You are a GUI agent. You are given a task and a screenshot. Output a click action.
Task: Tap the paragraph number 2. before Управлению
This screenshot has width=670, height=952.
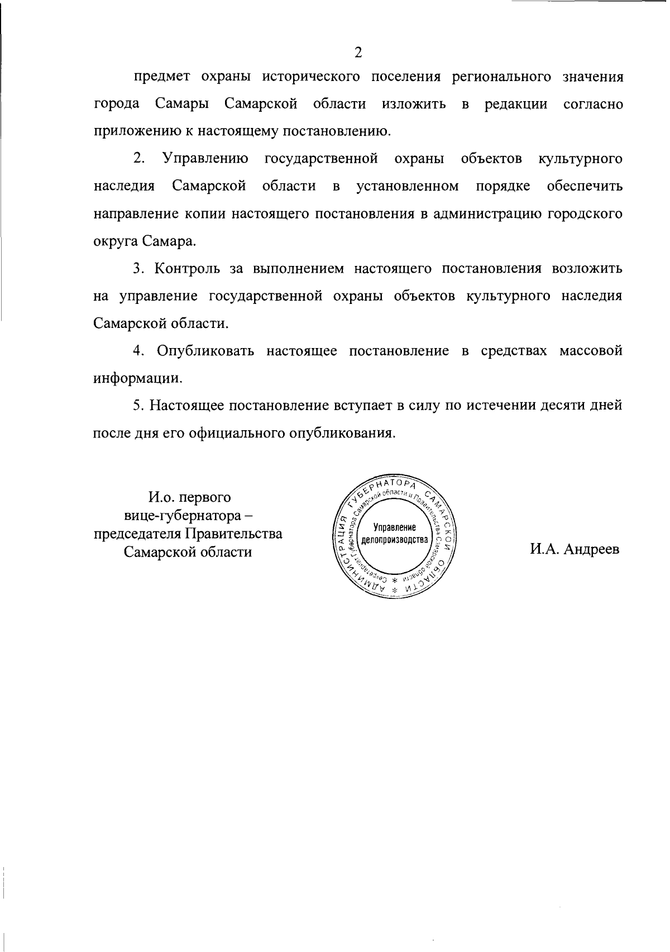139,159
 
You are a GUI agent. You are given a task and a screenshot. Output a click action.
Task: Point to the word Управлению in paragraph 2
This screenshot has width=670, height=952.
205,159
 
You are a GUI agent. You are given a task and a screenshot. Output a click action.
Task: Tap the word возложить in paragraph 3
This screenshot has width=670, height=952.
587,269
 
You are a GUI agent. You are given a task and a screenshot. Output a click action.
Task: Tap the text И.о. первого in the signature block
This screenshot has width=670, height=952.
189,497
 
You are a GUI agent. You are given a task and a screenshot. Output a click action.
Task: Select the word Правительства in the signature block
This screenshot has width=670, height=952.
233,534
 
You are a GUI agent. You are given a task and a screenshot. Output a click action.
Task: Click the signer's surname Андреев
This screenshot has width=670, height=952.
591,549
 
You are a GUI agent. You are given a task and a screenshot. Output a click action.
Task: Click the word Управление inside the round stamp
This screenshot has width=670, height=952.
395,527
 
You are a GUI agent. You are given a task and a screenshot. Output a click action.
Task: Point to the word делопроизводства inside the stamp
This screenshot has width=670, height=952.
395,540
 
